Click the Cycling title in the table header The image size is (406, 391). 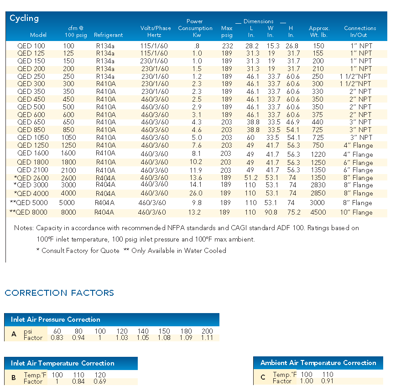tap(24, 18)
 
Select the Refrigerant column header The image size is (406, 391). tap(108, 35)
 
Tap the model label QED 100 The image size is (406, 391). tap(31, 46)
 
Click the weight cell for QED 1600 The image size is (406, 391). tap(318, 154)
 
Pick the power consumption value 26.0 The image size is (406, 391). tap(196, 193)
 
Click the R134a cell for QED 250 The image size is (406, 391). tap(105, 76)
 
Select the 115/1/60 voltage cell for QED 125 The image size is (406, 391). tap(154, 53)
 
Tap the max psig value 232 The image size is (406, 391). tap(227, 46)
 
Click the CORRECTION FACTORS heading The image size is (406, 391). tap(59, 293)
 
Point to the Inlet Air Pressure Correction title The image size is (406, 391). tap(56, 319)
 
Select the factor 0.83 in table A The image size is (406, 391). tap(57, 338)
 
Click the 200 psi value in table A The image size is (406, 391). tap(207, 331)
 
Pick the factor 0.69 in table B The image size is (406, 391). tap(100, 381)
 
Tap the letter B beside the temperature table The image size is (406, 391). tap(14, 378)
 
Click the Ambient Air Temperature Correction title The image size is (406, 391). tap(318, 363)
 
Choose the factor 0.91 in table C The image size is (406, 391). tap(328, 381)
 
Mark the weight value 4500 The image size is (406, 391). tap(318, 212)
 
